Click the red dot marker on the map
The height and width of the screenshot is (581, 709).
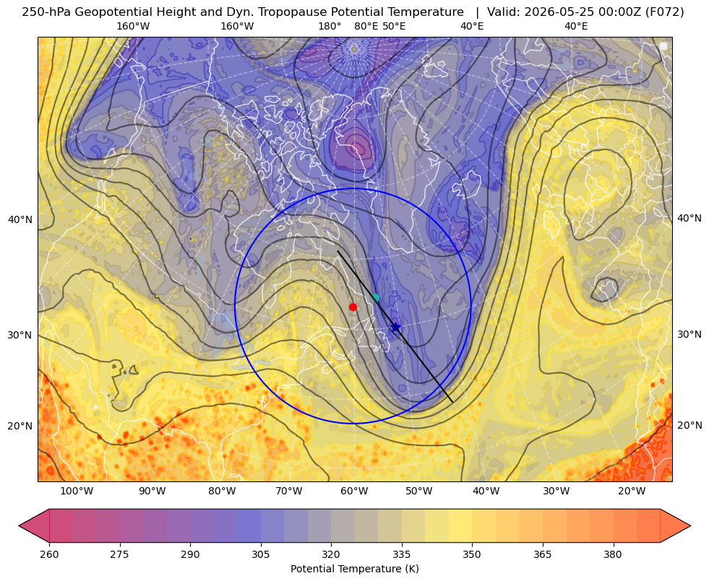point(353,307)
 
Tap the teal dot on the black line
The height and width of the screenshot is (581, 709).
point(375,297)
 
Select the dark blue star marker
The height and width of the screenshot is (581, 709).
point(395,327)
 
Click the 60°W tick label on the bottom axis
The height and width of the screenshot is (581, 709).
point(354,491)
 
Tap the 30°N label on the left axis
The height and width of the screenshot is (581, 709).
point(20,335)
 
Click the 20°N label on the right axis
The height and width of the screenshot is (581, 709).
point(689,425)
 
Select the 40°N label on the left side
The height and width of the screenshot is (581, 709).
point(20,219)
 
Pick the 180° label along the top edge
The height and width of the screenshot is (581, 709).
point(330,26)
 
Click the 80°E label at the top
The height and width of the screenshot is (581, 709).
point(366,26)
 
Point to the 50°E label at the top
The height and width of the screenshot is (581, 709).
point(394,26)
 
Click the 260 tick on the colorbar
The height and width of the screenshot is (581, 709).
point(49,554)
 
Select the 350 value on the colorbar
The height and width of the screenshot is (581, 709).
point(472,554)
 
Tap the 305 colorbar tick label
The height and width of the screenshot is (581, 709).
point(260,554)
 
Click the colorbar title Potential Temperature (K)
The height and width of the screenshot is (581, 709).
point(354,569)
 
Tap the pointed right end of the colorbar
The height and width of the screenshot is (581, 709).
point(690,525)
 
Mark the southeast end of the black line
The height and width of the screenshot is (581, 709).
point(452,402)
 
